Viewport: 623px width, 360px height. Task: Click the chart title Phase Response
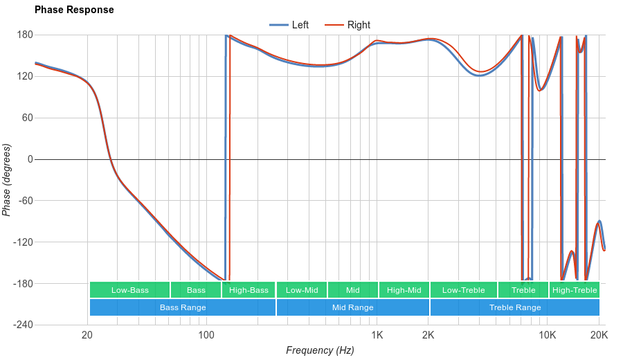click(74, 10)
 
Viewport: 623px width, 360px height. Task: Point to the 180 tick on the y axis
click(25, 35)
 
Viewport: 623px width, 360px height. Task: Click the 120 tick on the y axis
click(25, 76)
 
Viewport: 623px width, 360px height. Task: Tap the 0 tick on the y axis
click(30, 159)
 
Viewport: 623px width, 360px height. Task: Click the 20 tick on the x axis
click(87, 336)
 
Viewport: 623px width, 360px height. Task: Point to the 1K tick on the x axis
click(377, 336)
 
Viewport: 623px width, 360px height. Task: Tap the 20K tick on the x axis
click(599, 336)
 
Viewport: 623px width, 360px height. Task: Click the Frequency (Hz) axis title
click(320, 350)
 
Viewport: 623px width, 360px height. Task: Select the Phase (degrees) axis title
click(7, 180)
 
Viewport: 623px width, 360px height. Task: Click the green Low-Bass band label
click(129, 290)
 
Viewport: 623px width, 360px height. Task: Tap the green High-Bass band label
click(249, 290)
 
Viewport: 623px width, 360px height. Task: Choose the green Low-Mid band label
click(302, 290)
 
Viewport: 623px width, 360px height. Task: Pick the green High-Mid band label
click(404, 290)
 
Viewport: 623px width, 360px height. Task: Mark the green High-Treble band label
click(575, 290)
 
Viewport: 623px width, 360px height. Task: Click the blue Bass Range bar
click(183, 307)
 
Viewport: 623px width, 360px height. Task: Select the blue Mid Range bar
click(353, 307)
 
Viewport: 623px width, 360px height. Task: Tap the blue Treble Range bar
click(515, 307)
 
